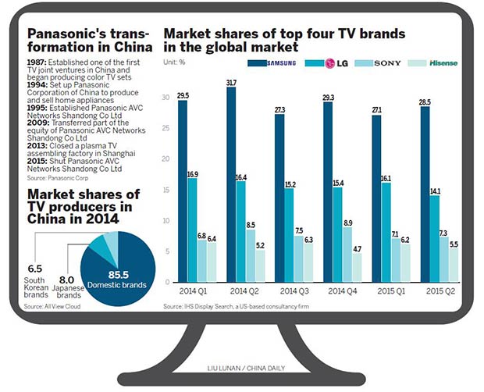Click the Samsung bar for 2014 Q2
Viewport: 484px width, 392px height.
[232, 187]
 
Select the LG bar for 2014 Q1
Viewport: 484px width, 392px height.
[192, 230]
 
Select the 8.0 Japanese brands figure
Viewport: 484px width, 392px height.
[69, 280]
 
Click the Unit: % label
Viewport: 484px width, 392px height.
[174, 62]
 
